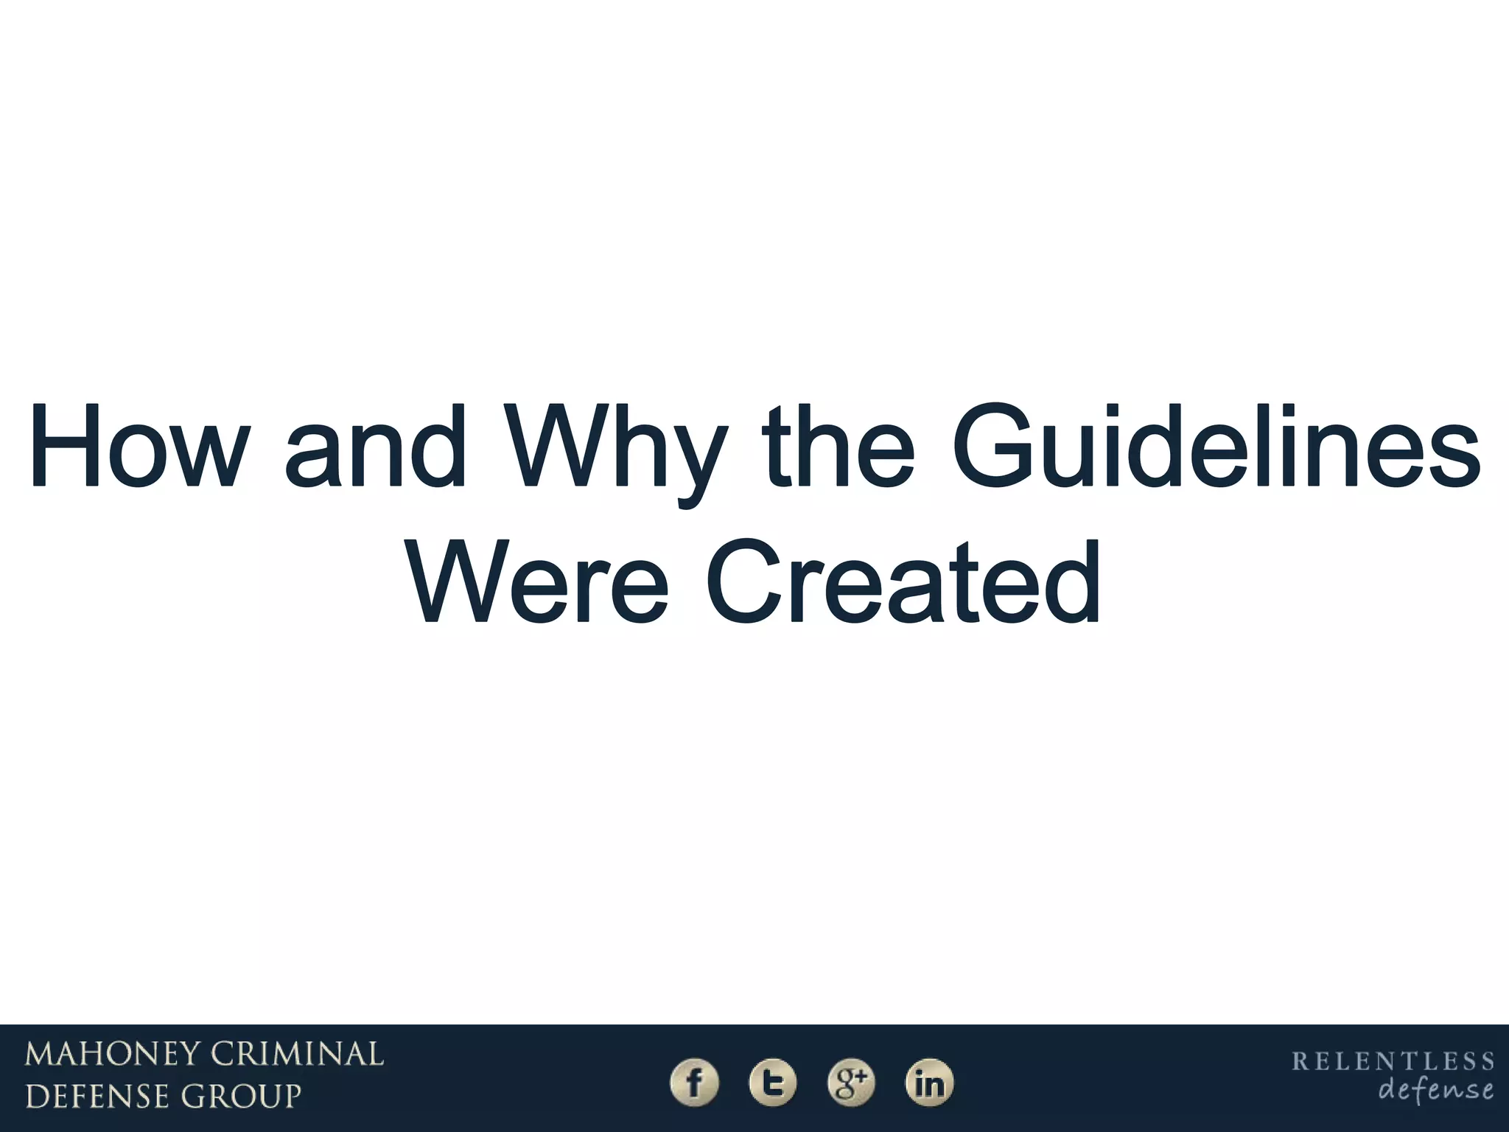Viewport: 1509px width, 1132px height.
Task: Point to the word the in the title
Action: (838, 447)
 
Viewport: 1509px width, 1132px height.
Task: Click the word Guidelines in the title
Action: (1214, 447)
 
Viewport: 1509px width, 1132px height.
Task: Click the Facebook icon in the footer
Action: (693, 1083)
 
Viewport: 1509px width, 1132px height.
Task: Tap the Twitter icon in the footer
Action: (772, 1083)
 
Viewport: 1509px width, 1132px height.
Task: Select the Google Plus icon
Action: (851, 1083)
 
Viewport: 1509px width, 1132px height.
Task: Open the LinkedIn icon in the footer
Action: (929, 1083)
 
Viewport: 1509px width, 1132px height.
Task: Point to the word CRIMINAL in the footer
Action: (298, 1055)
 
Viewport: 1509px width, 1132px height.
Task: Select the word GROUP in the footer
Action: (242, 1097)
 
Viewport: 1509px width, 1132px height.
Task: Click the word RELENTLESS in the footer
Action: (1393, 1061)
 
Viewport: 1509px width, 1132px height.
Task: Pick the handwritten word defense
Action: (1435, 1089)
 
